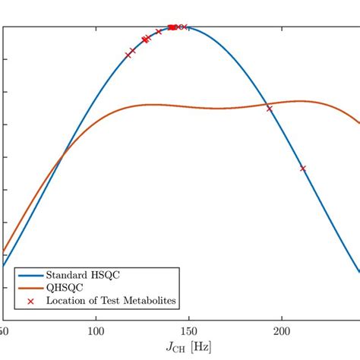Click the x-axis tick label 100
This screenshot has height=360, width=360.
(96, 331)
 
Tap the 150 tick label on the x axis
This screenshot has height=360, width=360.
(189, 331)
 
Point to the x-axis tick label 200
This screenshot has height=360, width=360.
(282, 331)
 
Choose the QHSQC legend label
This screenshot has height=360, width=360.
(63, 288)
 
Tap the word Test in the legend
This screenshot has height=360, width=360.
(110, 302)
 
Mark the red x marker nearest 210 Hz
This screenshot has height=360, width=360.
(303, 169)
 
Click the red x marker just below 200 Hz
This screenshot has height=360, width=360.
(269, 109)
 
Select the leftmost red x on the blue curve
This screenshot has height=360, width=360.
(128, 55)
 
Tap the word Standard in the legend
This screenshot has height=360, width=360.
(68, 274)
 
